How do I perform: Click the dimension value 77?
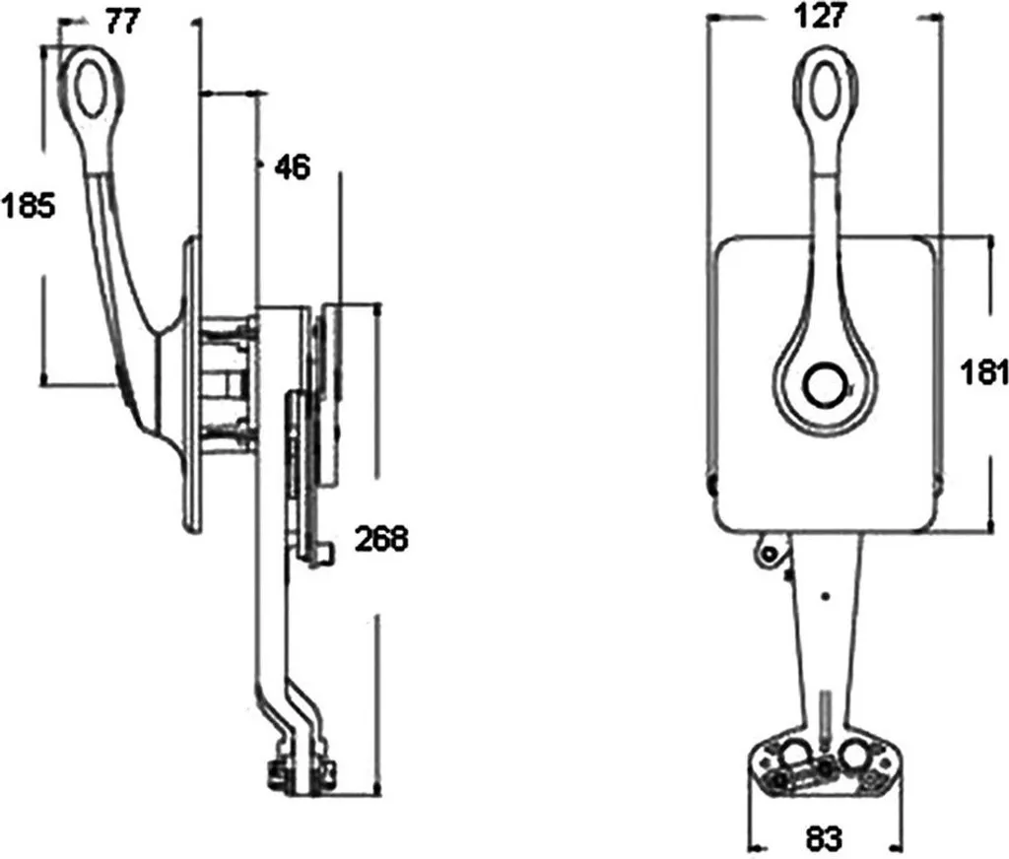[x=122, y=22]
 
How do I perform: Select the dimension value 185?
[x=29, y=206]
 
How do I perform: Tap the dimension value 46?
[x=292, y=167]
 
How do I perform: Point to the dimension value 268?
[x=381, y=539]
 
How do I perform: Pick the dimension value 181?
[x=983, y=372]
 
